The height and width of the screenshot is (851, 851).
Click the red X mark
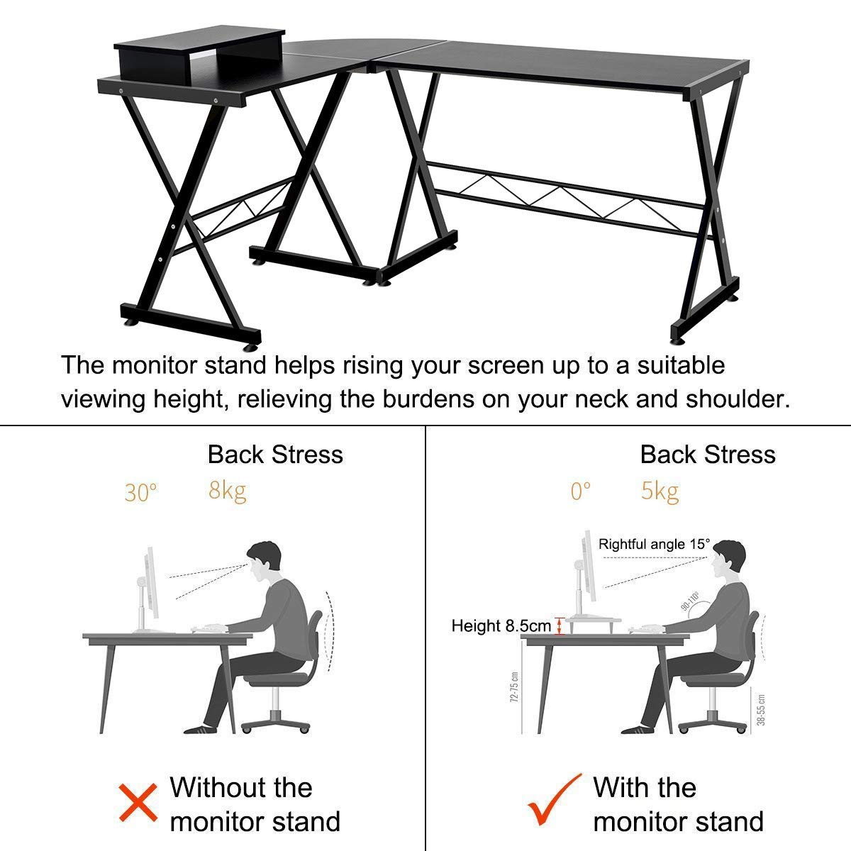(138, 803)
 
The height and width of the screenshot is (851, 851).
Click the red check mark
(555, 799)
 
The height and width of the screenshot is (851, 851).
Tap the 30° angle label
(140, 492)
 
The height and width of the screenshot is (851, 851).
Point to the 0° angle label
(580, 491)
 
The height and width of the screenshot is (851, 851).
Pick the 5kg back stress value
(660, 491)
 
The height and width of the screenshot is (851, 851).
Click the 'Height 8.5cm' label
(501, 625)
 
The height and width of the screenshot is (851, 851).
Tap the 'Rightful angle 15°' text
(654, 544)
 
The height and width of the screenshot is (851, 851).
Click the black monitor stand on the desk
(199, 55)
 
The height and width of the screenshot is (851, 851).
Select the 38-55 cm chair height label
(761, 710)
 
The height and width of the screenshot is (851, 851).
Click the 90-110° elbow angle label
(690, 601)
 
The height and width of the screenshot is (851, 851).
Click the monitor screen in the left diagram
(152, 582)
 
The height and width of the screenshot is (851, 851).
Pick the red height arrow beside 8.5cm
(560, 626)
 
